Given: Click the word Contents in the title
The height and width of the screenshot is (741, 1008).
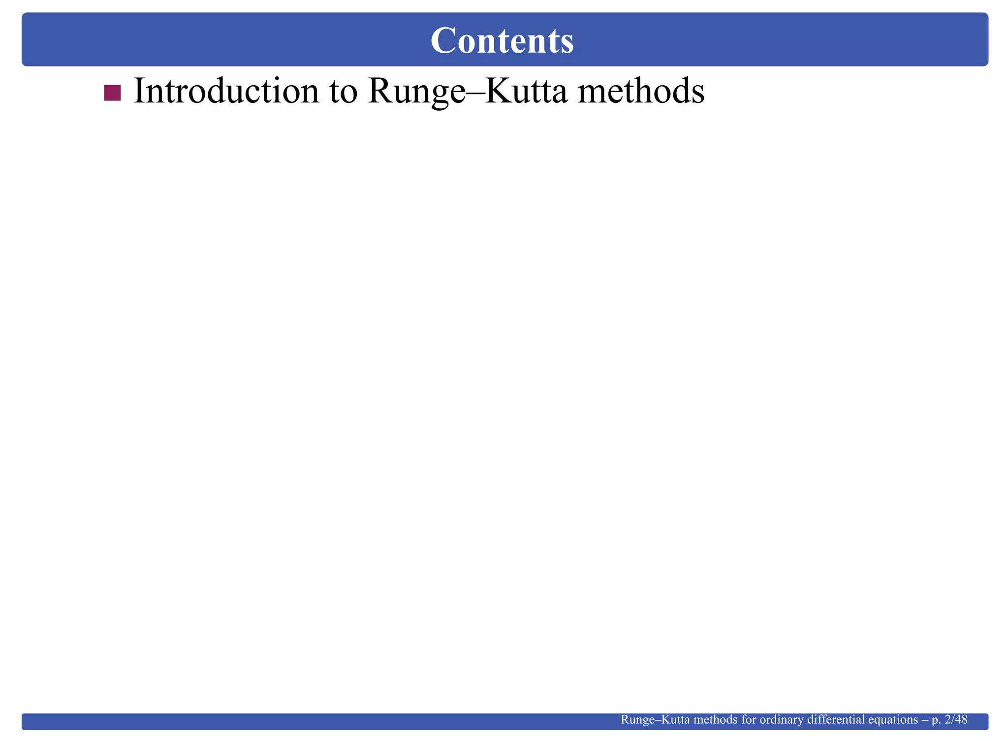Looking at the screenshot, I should [502, 40].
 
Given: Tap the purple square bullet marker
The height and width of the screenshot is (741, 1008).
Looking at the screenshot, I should [112, 93].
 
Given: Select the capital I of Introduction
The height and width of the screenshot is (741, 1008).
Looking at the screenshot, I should [138, 92].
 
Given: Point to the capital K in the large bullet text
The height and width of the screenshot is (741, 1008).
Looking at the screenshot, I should [496, 92].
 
